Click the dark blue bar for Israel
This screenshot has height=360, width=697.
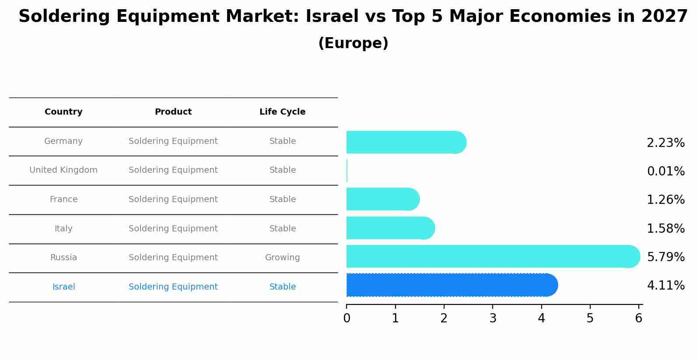(451, 285)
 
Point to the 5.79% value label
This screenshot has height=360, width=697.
(665, 257)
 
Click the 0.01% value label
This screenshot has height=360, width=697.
(665, 171)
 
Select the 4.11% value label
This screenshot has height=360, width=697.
(665, 286)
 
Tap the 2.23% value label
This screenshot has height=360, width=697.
(665, 143)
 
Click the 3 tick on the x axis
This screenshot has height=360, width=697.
(493, 318)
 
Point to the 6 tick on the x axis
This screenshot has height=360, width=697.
(638, 318)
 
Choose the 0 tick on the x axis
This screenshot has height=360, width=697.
(347, 318)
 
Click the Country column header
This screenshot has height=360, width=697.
(63, 112)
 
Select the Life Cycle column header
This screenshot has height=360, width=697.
(282, 112)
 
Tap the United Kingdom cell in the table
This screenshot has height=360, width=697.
(63, 170)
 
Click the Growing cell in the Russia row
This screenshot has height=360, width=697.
(282, 258)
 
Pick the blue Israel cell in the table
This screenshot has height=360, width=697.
(63, 287)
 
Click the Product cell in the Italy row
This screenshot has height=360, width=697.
(173, 228)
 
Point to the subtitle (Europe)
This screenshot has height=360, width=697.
(353, 43)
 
